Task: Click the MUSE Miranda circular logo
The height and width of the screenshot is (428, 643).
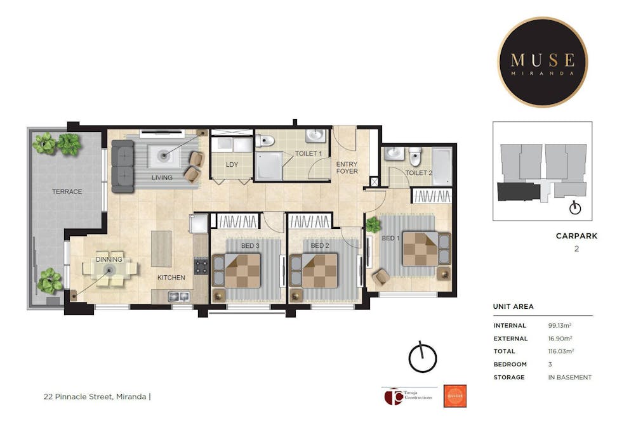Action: (x=542, y=62)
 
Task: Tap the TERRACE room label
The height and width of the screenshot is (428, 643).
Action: (x=67, y=191)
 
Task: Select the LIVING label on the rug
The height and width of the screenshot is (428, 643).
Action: (x=162, y=178)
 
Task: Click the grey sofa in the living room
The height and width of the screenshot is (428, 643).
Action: (x=123, y=166)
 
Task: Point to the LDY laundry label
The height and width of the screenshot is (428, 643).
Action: (x=232, y=164)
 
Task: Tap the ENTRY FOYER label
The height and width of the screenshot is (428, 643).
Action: (x=347, y=167)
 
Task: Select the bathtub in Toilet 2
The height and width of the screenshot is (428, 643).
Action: (x=442, y=166)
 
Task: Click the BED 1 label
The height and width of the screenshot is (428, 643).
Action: (x=390, y=238)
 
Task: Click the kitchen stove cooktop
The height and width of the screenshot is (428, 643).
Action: (x=201, y=266)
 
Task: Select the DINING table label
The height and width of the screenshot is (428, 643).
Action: (x=109, y=259)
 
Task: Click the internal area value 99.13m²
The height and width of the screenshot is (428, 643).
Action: (x=560, y=326)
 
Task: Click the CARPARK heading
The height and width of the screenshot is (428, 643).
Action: (x=576, y=236)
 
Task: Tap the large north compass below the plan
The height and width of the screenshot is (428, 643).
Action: (x=422, y=358)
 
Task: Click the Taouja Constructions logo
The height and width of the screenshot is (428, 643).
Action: (x=408, y=396)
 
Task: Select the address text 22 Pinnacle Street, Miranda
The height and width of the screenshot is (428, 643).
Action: (x=95, y=398)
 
